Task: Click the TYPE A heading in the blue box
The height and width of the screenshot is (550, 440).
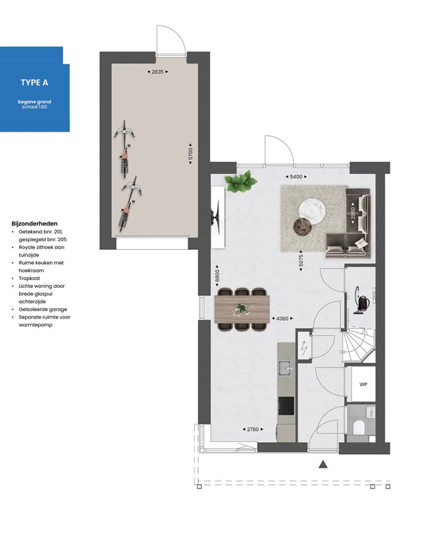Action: (x=34, y=82)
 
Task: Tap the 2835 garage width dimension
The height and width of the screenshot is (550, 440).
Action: (x=159, y=72)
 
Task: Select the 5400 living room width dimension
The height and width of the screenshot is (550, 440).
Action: (x=294, y=176)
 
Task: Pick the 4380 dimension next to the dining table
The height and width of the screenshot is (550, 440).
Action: (x=281, y=319)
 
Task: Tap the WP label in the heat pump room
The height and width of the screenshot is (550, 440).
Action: (x=363, y=385)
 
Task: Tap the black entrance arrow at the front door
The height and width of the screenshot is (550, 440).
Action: (x=323, y=464)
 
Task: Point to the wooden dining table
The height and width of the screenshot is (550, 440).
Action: (x=242, y=310)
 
